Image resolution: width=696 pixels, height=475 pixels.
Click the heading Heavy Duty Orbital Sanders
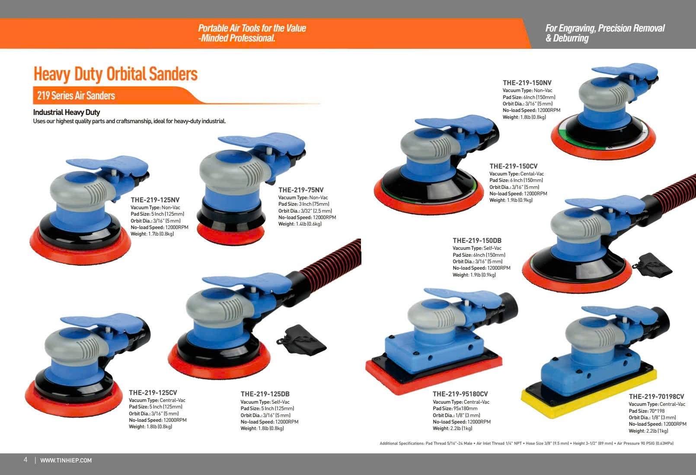click(x=115, y=74)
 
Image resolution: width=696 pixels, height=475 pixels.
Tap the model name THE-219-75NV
click(x=301, y=190)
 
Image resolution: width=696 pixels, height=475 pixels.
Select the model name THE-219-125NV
click(x=155, y=200)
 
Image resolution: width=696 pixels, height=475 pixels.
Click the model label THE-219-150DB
click(x=477, y=240)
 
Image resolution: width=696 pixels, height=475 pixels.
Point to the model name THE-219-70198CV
click(x=656, y=396)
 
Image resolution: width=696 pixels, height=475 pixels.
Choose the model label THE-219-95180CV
click(x=460, y=394)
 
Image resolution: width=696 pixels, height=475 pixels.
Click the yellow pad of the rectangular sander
click(x=587, y=397)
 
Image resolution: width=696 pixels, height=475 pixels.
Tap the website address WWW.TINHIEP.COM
click(x=66, y=460)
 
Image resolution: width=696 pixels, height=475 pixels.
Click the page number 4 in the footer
click(x=26, y=460)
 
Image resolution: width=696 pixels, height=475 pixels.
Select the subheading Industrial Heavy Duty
click(x=67, y=112)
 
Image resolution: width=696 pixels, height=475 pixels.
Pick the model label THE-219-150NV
click(x=527, y=83)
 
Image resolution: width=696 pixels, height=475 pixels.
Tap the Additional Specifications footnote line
click(x=527, y=443)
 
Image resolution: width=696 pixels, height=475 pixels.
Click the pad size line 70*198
click(x=647, y=411)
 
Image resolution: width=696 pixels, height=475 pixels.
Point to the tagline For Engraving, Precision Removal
click(x=605, y=28)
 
